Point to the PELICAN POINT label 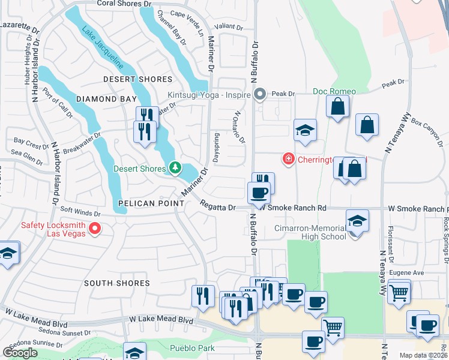click(x=151, y=203)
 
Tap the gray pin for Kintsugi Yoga click(x=260, y=94)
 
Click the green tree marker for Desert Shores click(x=175, y=168)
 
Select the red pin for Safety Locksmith click(x=94, y=228)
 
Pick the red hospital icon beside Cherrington click(x=289, y=158)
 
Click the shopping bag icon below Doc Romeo click(x=338, y=108)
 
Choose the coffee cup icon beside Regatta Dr click(x=259, y=193)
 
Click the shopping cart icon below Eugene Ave click(x=399, y=293)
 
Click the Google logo click(x=20, y=353)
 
